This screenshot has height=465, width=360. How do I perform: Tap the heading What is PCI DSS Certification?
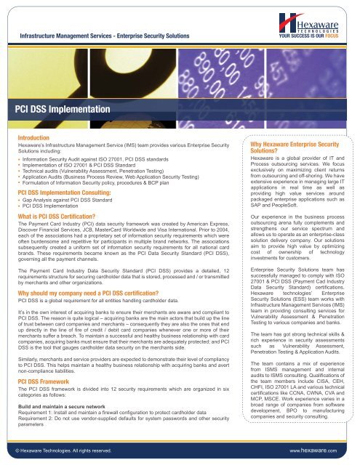click(x=62, y=216)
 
